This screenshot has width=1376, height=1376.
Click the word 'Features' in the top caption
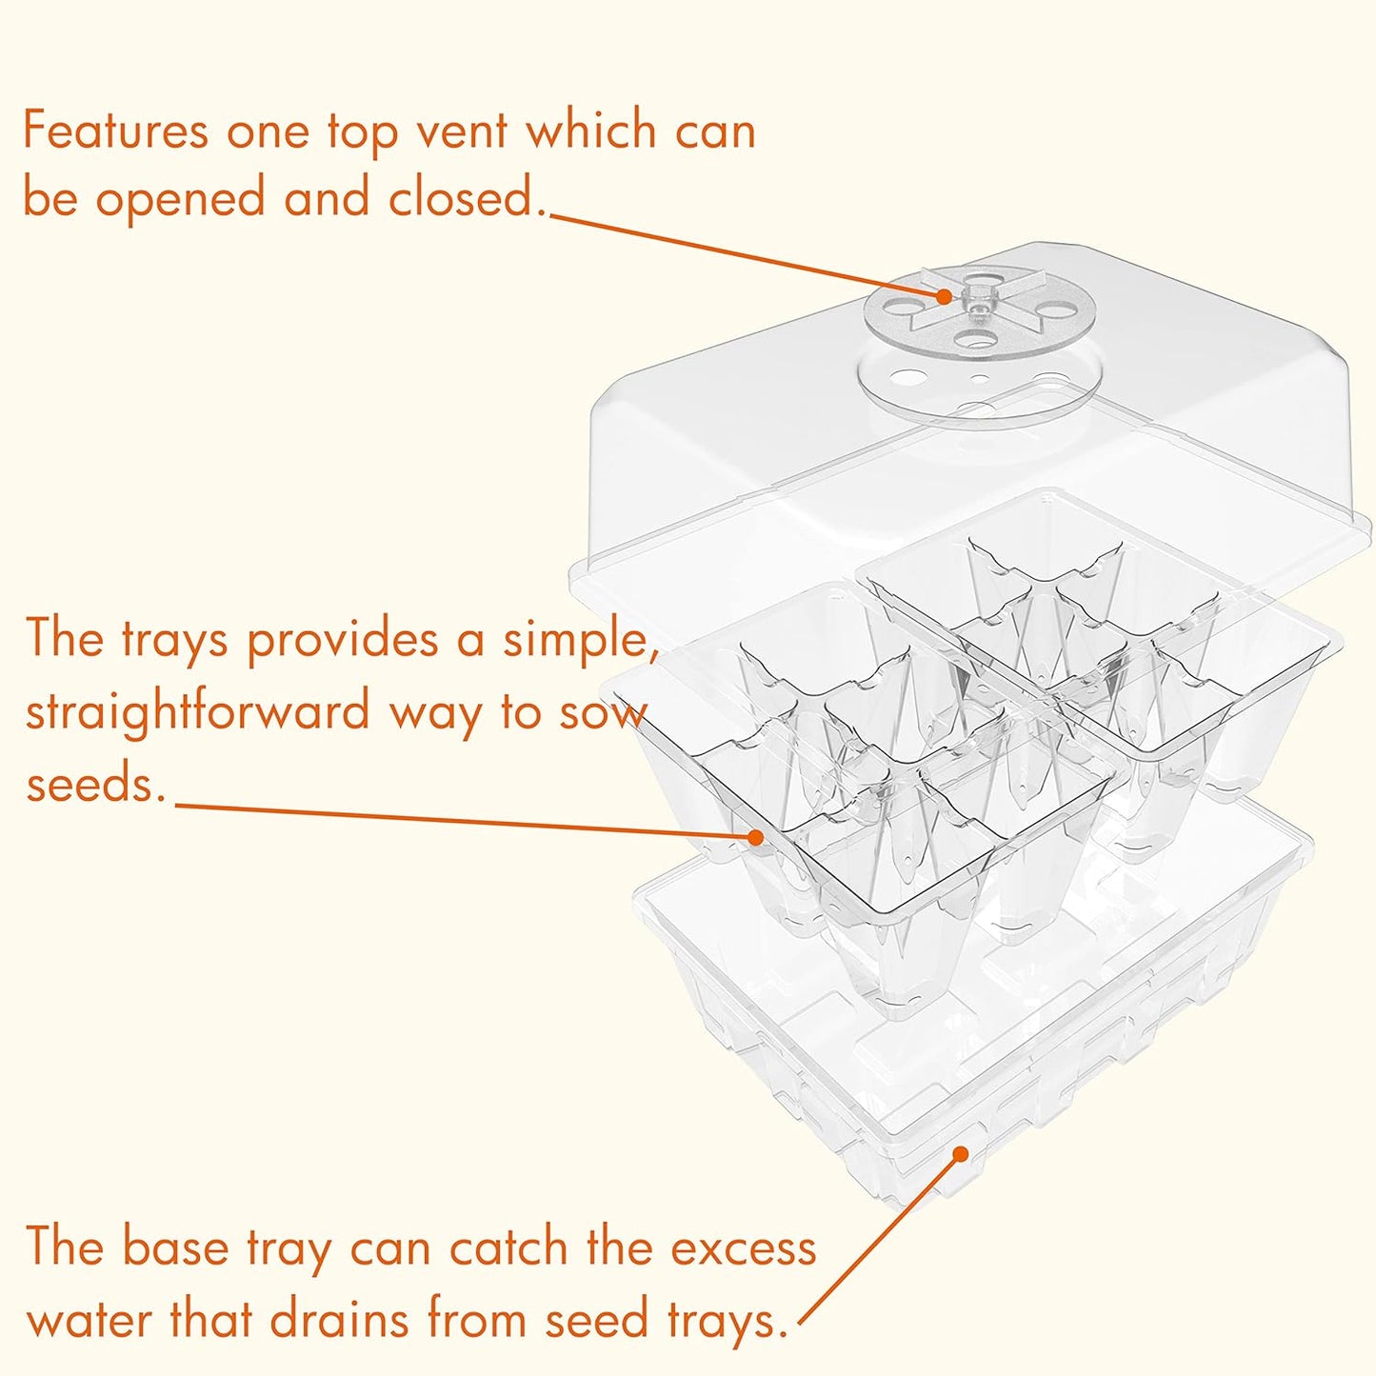[x=114, y=130]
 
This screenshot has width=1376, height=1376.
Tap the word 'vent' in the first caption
[x=461, y=130]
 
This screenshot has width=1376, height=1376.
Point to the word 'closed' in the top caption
[x=466, y=199]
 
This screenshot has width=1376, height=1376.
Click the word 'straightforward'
[x=197, y=712]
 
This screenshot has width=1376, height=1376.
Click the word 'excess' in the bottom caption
[x=744, y=1247]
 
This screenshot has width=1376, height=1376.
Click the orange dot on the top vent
[x=943, y=296]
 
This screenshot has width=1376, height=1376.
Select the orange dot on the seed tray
[x=755, y=837]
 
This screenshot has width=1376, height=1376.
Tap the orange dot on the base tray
[x=960, y=1154]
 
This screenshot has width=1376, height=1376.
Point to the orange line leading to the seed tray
[x=467, y=821]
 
